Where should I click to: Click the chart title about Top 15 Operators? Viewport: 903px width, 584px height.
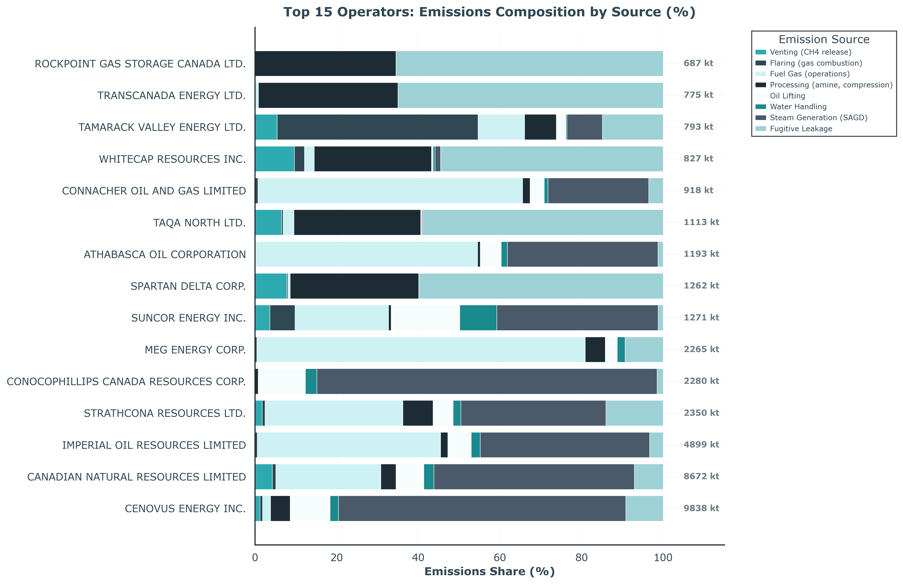click(x=490, y=12)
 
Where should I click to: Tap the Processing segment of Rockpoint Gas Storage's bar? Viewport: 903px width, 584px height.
click(x=325, y=64)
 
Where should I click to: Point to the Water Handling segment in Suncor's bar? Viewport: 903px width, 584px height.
click(x=478, y=318)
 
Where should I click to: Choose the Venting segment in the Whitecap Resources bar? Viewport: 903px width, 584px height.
click(x=274, y=159)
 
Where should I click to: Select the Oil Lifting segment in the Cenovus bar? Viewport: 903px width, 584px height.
click(x=310, y=508)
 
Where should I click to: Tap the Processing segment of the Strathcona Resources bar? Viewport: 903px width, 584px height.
click(x=418, y=413)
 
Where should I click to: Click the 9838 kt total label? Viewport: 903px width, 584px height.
click(x=701, y=508)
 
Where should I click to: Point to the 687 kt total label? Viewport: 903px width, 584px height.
click(x=698, y=63)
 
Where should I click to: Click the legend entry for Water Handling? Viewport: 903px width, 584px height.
click(x=798, y=107)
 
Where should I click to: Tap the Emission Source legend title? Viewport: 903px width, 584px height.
click(x=824, y=39)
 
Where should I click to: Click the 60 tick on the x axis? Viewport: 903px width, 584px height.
click(x=500, y=558)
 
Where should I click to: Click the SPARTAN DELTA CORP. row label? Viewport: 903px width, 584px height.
click(x=188, y=286)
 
